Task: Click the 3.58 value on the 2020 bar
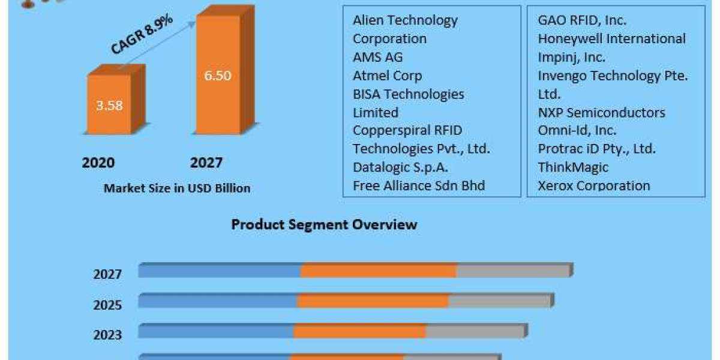click(109, 106)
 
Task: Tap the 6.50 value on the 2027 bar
click(217, 76)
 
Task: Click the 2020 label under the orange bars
click(98, 163)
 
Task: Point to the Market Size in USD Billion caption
click(177, 188)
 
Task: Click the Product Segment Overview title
click(324, 225)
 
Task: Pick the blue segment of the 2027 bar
click(220, 271)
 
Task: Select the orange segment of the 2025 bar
click(373, 301)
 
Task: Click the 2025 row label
click(108, 305)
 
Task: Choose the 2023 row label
click(108, 335)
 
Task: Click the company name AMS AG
click(377, 57)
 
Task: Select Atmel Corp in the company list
click(387, 76)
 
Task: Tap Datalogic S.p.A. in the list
click(400, 167)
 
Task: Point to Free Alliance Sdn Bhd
click(419, 185)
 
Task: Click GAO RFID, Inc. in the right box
click(582, 20)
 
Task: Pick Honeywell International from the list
click(611, 38)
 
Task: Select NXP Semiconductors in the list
click(601, 112)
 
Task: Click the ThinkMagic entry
click(572, 167)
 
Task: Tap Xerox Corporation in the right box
click(593, 185)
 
